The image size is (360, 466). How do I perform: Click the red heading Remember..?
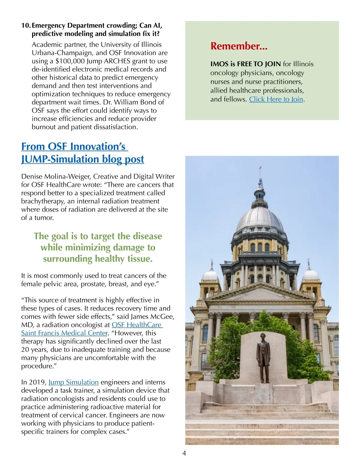(239, 46)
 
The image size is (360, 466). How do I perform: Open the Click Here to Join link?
(276, 99)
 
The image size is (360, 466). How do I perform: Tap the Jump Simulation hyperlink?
(73, 382)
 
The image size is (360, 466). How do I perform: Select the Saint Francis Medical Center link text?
(64, 333)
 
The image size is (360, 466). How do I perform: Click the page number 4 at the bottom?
(184, 453)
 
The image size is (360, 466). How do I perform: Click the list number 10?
(26, 26)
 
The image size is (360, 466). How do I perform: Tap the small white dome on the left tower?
(210, 274)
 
